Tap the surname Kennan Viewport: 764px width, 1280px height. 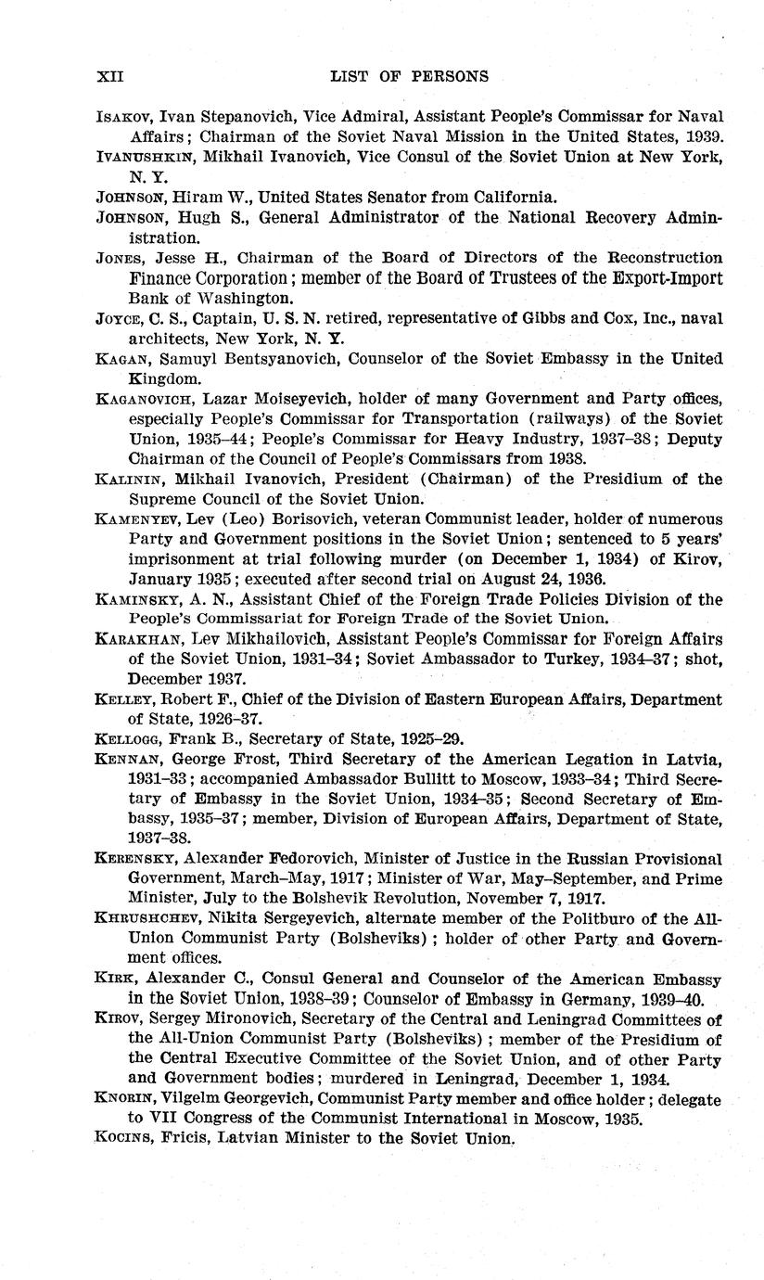point(126,760)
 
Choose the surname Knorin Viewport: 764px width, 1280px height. point(125,1099)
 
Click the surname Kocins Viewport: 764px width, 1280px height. point(124,1139)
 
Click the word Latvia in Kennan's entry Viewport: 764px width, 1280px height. point(692,760)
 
